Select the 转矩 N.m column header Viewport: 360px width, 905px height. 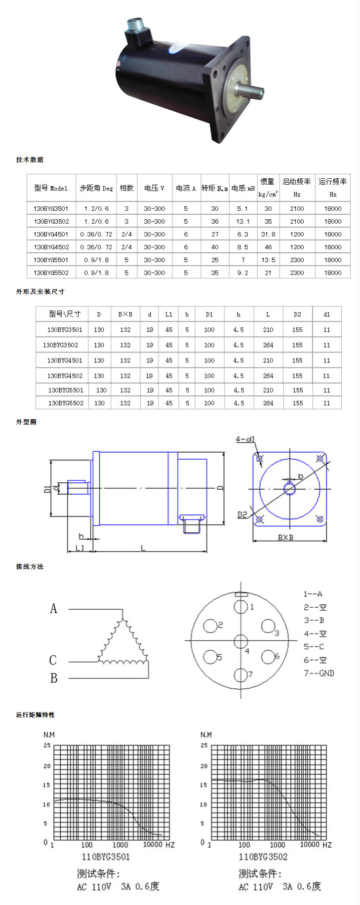click(x=215, y=188)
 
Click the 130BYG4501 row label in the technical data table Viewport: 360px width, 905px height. click(x=51, y=234)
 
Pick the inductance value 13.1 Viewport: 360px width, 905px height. click(x=242, y=221)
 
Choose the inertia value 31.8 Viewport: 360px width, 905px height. click(x=268, y=234)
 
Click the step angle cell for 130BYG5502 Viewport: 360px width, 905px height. click(x=96, y=273)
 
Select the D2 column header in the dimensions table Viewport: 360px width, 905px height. click(x=297, y=314)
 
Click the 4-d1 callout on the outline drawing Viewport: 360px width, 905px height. click(x=245, y=439)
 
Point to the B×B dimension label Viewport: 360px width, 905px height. click(x=285, y=537)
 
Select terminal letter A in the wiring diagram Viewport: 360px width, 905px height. click(x=53, y=608)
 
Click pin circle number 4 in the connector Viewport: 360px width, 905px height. click(x=240, y=641)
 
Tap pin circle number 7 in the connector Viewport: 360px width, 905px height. click(x=240, y=675)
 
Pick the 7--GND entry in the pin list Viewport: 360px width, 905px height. click(x=319, y=673)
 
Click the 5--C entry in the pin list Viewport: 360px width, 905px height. click(x=314, y=647)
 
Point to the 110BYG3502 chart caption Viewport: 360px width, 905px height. click(x=263, y=857)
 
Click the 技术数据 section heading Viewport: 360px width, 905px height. click(x=30, y=159)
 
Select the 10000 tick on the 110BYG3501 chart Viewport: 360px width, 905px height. click(x=153, y=845)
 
